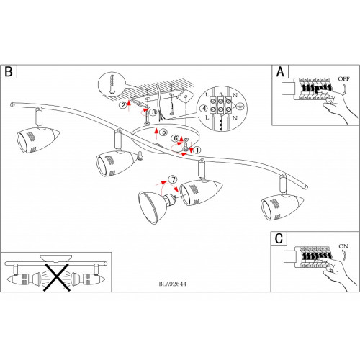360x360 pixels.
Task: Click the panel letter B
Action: tap(9, 71)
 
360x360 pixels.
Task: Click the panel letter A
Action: tap(280, 71)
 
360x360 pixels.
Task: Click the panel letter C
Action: tap(279, 238)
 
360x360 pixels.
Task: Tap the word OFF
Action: tap(344, 78)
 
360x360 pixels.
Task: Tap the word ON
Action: tap(343, 246)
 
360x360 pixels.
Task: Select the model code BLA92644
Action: tap(173, 284)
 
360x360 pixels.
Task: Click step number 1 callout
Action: tap(197, 150)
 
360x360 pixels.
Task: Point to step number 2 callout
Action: tap(123, 105)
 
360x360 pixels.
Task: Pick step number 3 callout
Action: tap(153, 112)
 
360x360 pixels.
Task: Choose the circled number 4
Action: tap(204, 109)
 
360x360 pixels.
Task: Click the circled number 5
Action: tap(164, 132)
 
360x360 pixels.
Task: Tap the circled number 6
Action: tap(176, 138)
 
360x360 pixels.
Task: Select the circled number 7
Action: tap(173, 179)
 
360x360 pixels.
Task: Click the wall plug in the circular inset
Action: tap(112, 84)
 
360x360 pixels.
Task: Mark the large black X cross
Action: tap(56, 278)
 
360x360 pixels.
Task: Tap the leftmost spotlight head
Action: tap(37, 140)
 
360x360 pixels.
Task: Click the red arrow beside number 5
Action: tap(156, 134)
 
